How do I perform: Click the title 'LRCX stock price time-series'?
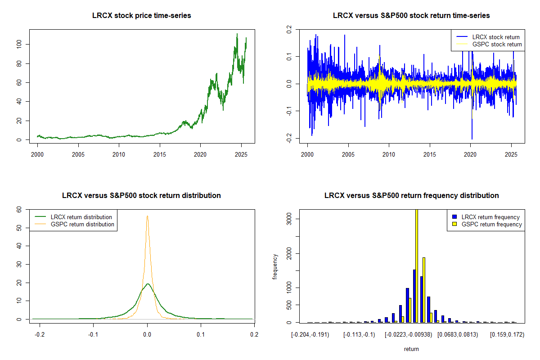point(142,16)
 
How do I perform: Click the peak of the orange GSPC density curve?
point(147,216)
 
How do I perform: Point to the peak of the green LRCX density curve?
point(148,283)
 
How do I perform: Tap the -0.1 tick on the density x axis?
point(93,334)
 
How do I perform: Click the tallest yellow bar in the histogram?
point(417,265)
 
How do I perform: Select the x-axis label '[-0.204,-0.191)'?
point(310,335)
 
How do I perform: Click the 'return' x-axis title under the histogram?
point(411,349)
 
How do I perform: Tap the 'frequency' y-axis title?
point(275,266)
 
